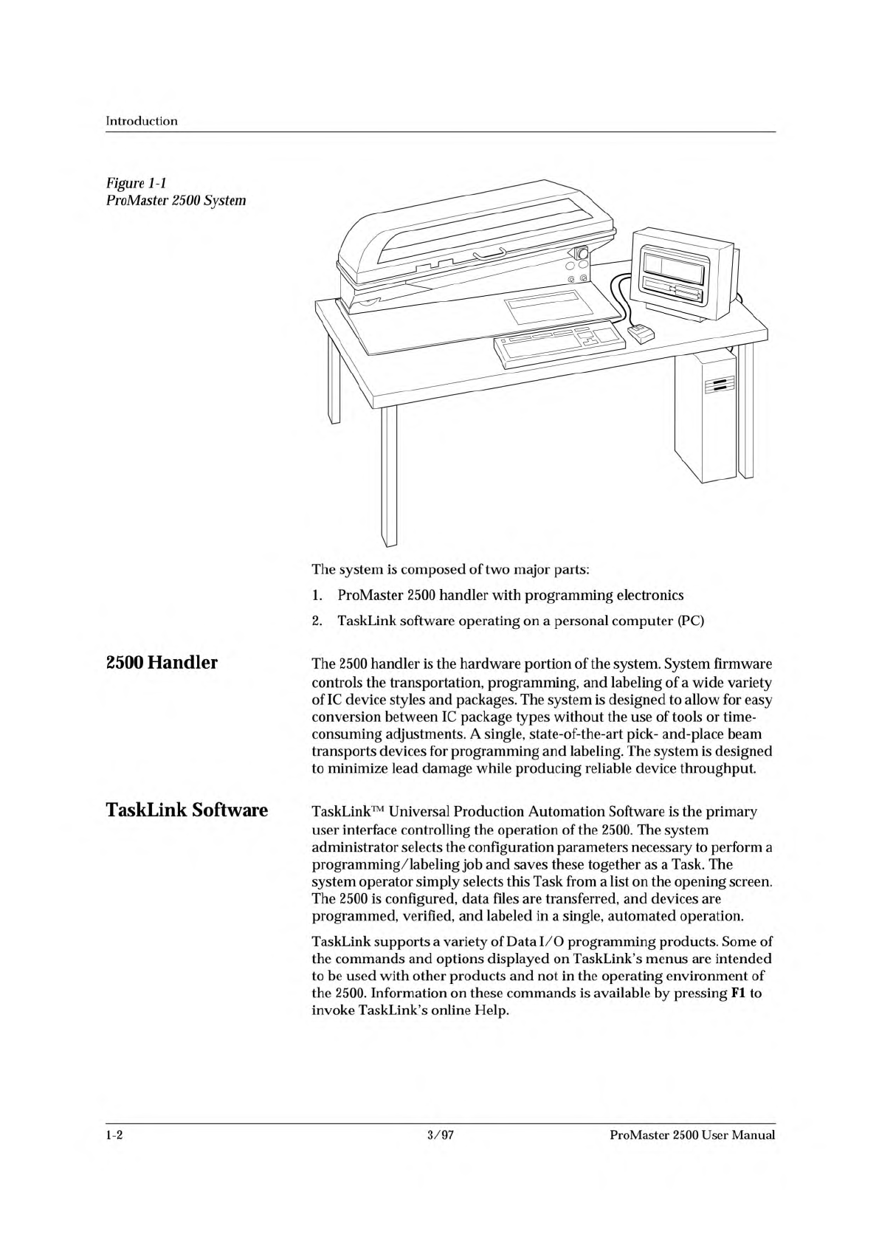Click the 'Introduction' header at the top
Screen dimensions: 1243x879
[142, 120]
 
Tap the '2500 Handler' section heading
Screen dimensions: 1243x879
[162, 662]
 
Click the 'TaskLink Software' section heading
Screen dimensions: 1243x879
[187, 810]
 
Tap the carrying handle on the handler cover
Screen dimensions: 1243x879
[484, 255]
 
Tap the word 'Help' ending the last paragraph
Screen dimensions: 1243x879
[492, 1010]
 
